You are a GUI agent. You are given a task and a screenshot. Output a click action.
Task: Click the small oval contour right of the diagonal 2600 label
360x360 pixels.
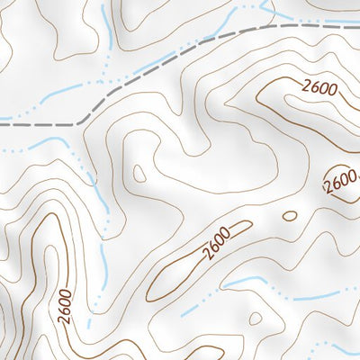click(x=289, y=216)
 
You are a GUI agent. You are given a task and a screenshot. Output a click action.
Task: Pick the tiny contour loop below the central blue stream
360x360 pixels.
click(x=256, y=318)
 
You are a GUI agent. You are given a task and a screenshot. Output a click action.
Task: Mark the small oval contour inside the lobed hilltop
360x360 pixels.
click(x=139, y=173)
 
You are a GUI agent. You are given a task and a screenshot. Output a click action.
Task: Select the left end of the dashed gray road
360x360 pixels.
click(x=2, y=124)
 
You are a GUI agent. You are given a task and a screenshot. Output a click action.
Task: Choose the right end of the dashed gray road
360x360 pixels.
click(x=357, y=27)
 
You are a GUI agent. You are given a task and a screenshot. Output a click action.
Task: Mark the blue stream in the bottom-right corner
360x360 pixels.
click(x=342, y=346)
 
